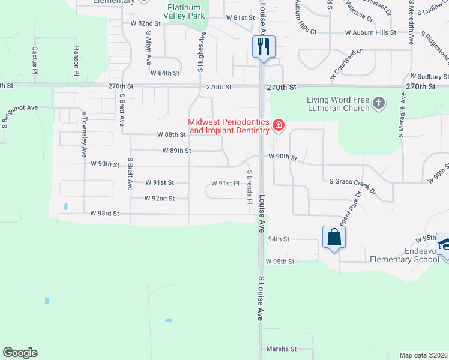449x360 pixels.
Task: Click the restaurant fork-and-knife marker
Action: pyautogui.click(x=264, y=46)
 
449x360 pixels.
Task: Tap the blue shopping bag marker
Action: pyautogui.click(x=334, y=237)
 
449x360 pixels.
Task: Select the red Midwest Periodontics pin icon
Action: pyautogui.click(x=279, y=125)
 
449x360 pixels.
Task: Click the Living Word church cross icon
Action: pyautogui.click(x=378, y=103)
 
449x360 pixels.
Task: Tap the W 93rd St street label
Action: pyautogui.click(x=105, y=213)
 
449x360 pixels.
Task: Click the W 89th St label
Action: pyautogui.click(x=176, y=151)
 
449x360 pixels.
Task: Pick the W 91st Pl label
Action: pyautogui.click(x=226, y=183)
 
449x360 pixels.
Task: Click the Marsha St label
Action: pyautogui.click(x=282, y=349)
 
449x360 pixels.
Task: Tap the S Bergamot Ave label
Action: pyautogui.click(x=20, y=108)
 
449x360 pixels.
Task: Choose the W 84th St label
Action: pyautogui.click(x=165, y=73)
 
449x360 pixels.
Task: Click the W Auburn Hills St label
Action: pyautogui.click(x=370, y=32)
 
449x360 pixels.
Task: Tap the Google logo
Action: pyautogui.click(x=20, y=353)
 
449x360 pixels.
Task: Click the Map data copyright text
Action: pyautogui.click(x=423, y=355)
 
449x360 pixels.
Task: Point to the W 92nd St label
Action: pyautogui.click(x=160, y=198)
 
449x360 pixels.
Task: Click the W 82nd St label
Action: pyautogui.click(x=146, y=23)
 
